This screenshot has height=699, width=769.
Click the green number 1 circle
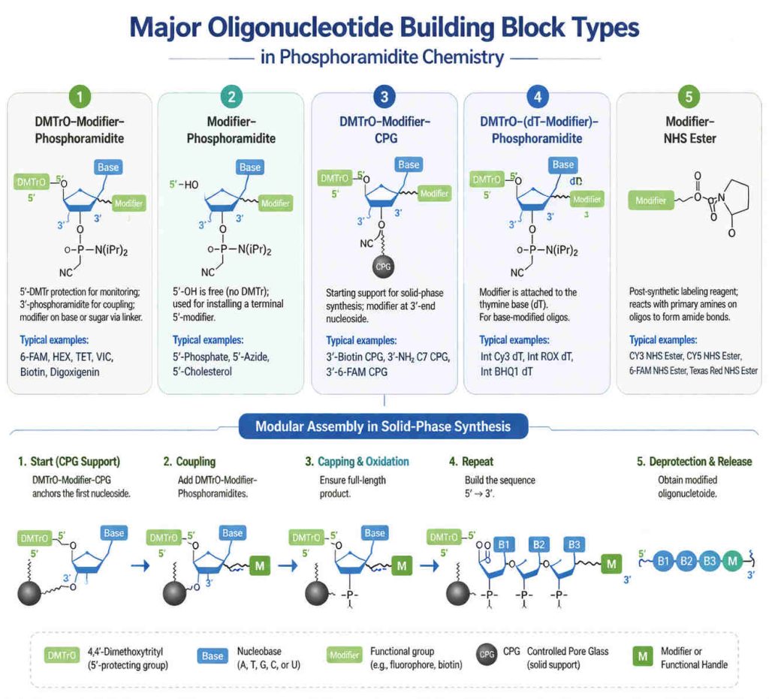[x=80, y=97]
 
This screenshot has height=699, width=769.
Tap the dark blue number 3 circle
[x=384, y=97]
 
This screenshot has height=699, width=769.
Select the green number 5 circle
[x=689, y=97]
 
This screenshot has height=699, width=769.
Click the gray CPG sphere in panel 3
[x=382, y=267]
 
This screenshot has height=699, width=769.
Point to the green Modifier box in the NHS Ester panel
[x=651, y=200]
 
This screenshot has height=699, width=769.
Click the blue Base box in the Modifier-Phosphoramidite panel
[x=249, y=167]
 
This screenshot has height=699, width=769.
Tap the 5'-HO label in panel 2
[x=184, y=185]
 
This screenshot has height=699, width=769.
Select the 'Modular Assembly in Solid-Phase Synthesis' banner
[x=383, y=426]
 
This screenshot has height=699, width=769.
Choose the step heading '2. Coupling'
[x=189, y=462]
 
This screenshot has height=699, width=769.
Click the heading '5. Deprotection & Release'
[x=694, y=462]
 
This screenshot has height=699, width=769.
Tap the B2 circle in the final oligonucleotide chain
[x=686, y=561]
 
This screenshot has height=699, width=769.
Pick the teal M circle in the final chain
[x=733, y=561]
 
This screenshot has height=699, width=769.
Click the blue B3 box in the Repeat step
[x=574, y=544]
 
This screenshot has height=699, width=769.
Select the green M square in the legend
[x=643, y=656]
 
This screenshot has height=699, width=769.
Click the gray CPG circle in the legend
[x=487, y=655]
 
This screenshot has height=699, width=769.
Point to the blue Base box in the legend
[x=213, y=656]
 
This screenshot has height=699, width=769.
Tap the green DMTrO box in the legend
[x=62, y=655]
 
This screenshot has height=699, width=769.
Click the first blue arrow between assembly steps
[x=140, y=565]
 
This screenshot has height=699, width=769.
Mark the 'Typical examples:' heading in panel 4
[x=514, y=339]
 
